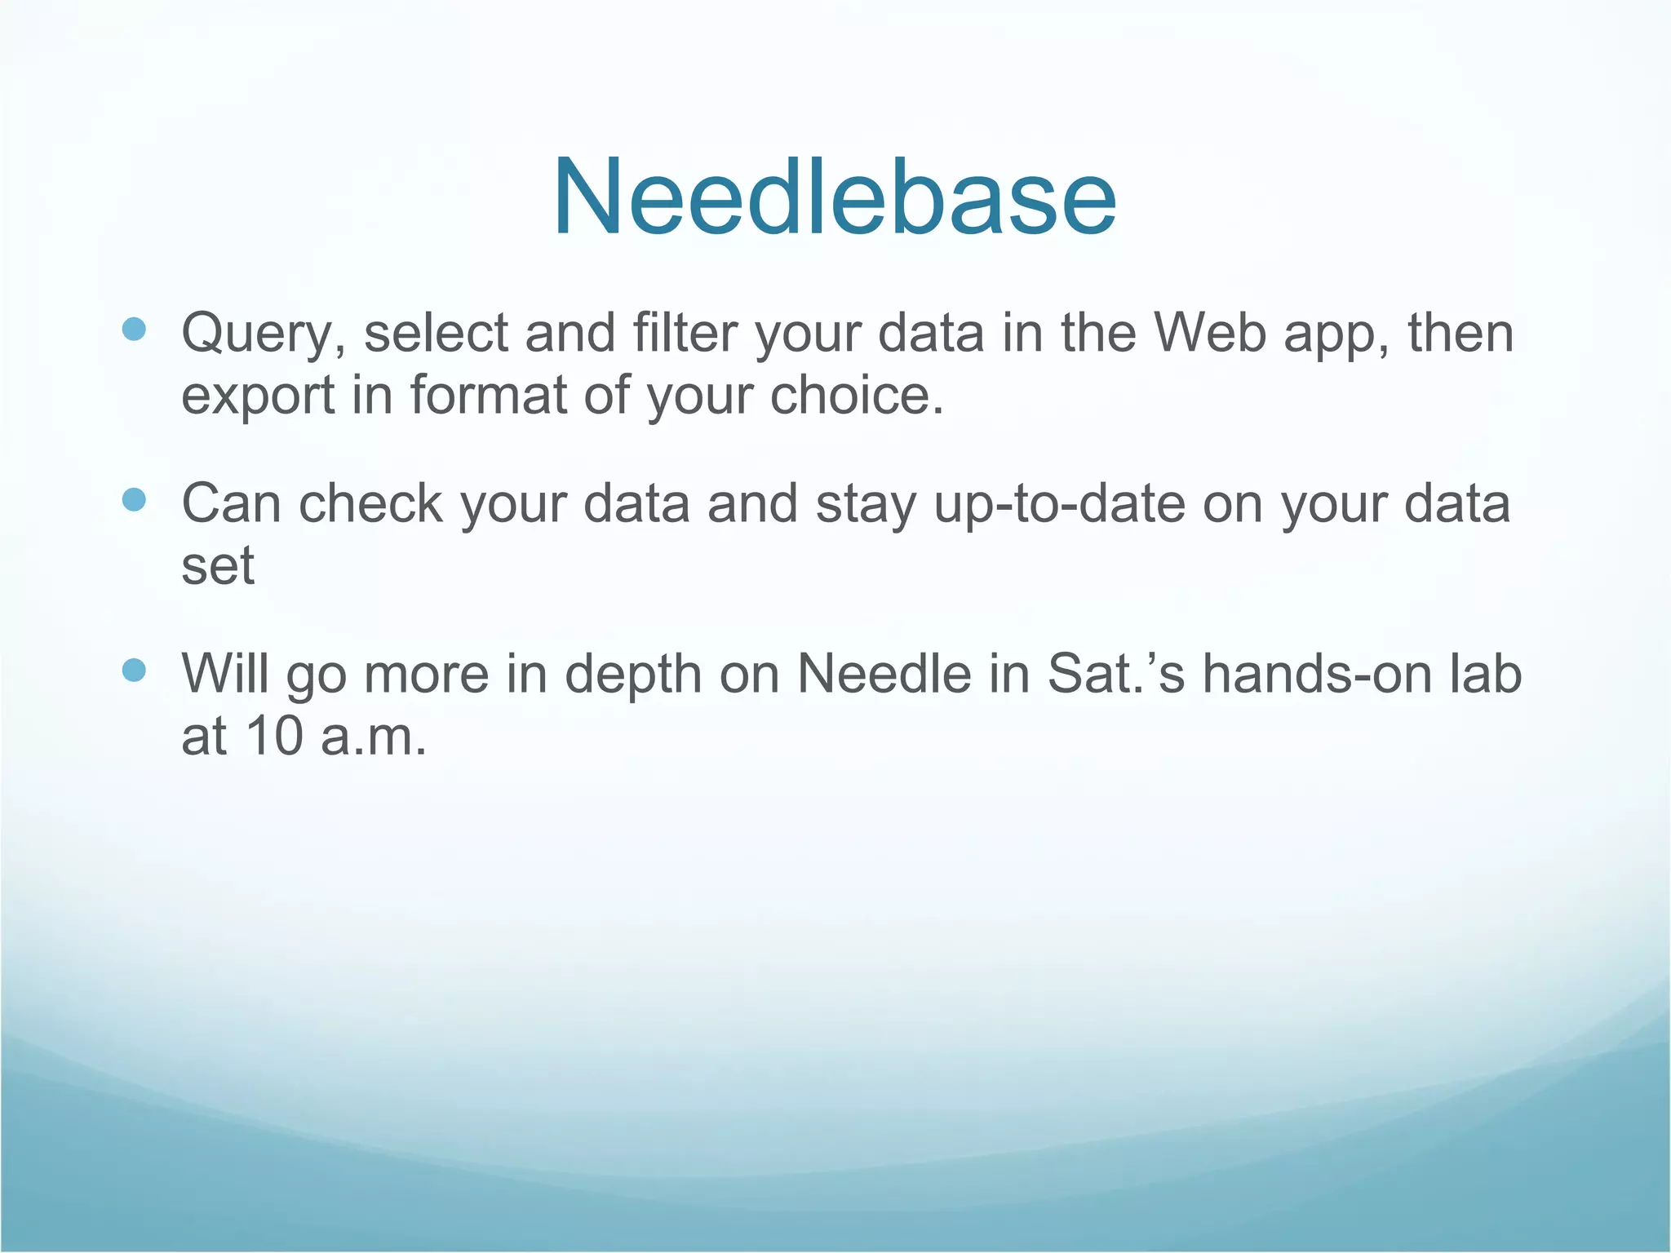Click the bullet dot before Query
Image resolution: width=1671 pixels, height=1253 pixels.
coord(134,330)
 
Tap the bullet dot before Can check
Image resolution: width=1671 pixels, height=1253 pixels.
coord(134,499)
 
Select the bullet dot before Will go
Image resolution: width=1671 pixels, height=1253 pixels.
coord(134,670)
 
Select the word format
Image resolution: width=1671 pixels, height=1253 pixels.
coord(488,395)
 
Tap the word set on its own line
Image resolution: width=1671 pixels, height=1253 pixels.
coord(217,566)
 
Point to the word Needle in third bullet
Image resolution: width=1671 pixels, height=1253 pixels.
coord(884,674)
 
